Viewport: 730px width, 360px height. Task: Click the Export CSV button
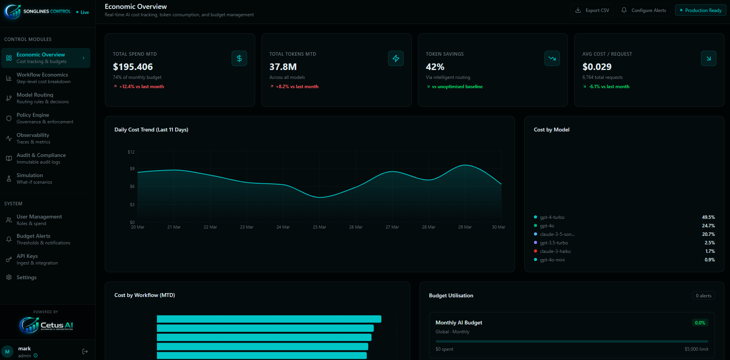[x=592, y=10]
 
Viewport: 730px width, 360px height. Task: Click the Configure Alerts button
[x=643, y=10]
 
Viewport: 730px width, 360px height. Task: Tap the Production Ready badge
[x=700, y=10]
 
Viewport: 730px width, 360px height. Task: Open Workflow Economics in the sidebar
[x=42, y=78]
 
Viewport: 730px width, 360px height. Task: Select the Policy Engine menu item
[x=33, y=118]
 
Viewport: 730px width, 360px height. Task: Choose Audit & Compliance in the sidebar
[x=41, y=158]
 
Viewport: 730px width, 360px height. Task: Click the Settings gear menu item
[x=26, y=277]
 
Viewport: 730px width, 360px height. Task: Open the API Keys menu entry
[x=27, y=259]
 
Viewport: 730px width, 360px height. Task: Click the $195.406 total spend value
[x=133, y=67]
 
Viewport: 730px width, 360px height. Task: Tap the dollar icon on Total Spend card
[x=239, y=58]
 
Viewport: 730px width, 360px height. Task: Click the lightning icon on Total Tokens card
[x=396, y=58]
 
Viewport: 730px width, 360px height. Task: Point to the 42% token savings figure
[x=435, y=67]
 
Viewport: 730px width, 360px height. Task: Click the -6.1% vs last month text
[x=609, y=87]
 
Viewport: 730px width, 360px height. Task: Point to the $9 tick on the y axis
[x=132, y=169]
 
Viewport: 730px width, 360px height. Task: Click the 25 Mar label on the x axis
[x=319, y=227]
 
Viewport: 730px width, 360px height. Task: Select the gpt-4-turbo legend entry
[x=552, y=217]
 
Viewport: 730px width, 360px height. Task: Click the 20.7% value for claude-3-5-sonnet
[x=708, y=234]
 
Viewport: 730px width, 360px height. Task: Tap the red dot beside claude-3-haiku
[x=536, y=251]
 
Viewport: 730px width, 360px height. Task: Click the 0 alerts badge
[x=703, y=296]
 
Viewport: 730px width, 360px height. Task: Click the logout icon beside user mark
[x=85, y=351]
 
